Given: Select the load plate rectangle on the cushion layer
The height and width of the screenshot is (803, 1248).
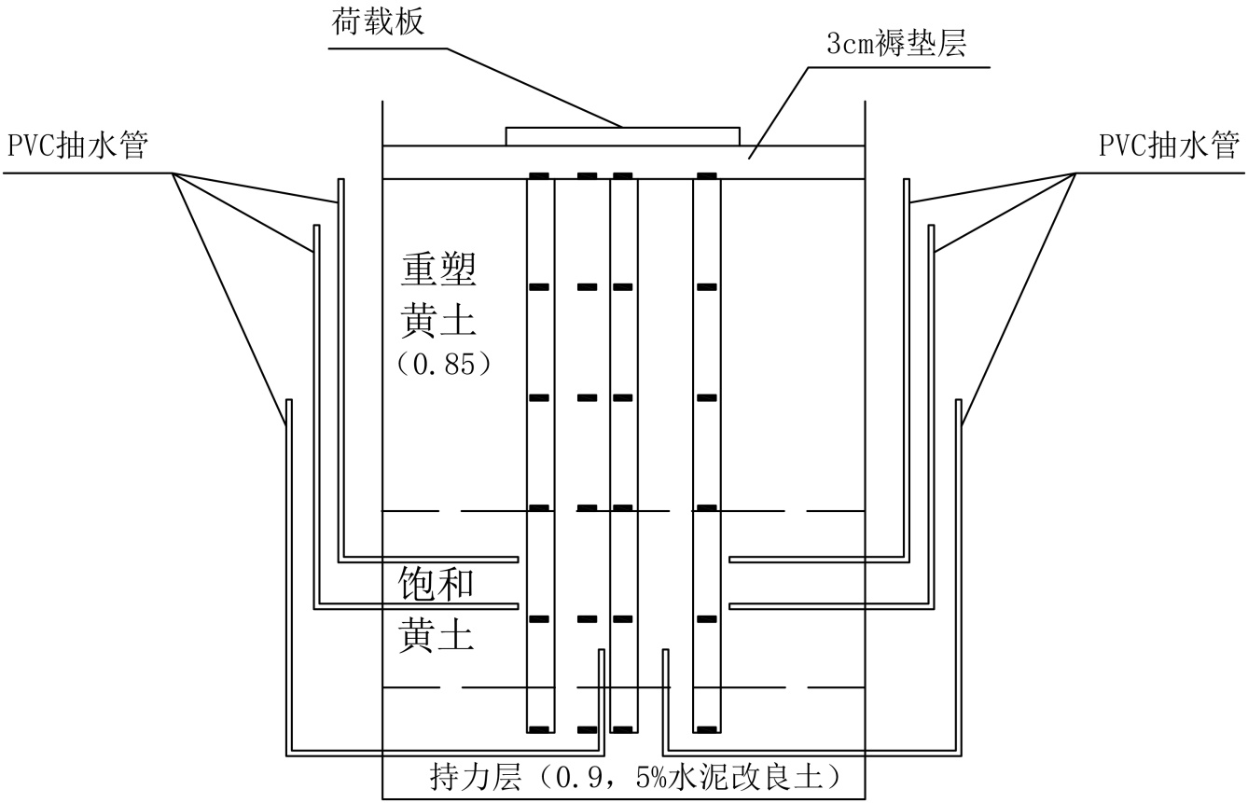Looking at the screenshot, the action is (622, 136).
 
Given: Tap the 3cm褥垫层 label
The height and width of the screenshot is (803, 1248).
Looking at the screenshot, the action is (894, 45).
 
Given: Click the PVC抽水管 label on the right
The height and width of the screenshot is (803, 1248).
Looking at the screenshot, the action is (1170, 146).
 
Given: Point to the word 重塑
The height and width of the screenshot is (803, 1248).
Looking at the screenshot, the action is (439, 271).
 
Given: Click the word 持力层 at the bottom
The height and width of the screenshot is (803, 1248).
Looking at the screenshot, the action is (467, 776).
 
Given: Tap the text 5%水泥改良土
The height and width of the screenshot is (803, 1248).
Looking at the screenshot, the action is (742, 776).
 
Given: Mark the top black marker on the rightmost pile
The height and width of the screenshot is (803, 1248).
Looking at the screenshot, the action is (707, 176).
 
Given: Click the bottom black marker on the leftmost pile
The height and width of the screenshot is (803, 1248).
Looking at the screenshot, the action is (539, 728).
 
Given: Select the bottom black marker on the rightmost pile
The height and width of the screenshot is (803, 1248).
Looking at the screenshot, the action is (707, 728).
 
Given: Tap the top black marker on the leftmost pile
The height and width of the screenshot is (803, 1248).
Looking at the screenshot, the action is (539, 176).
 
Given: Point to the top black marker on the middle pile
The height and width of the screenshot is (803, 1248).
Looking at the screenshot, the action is (623, 176).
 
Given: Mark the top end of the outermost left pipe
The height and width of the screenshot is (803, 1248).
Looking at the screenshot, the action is (289, 402).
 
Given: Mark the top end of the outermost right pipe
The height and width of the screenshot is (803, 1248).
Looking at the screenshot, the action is (959, 402).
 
